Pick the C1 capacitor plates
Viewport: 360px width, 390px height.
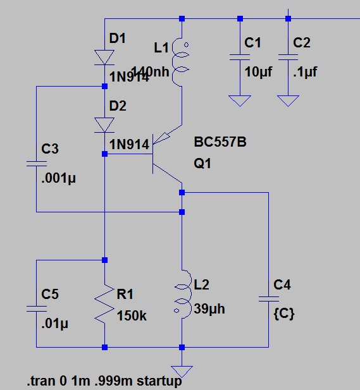click(239, 58)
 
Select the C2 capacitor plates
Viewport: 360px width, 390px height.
click(289, 58)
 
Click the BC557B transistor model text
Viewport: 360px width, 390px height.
click(220, 143)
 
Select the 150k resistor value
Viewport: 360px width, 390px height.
click(132, 315)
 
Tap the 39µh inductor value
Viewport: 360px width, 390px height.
click(209, 310)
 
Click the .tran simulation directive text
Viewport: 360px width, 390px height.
click(104, 382)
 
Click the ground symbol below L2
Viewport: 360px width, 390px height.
click(181, 370)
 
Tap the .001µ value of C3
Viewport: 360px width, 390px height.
click(58, 178)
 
